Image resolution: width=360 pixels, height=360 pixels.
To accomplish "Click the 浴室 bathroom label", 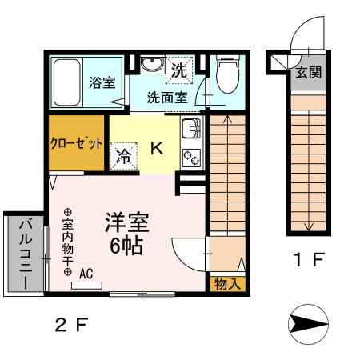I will tap(102, 82).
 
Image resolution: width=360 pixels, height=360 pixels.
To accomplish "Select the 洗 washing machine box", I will tap(179, 69).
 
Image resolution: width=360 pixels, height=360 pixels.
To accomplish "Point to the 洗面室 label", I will tap(166, 98).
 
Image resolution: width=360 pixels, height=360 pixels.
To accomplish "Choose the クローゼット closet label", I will tap(77, 144).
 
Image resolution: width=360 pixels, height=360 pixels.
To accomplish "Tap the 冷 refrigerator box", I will tap(125, 156).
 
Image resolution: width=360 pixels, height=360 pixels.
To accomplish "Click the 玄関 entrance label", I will tap(308, 72).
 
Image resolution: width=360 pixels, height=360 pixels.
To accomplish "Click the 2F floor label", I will tap(71, 325).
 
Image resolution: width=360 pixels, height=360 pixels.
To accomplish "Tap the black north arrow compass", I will tap(308, 323).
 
